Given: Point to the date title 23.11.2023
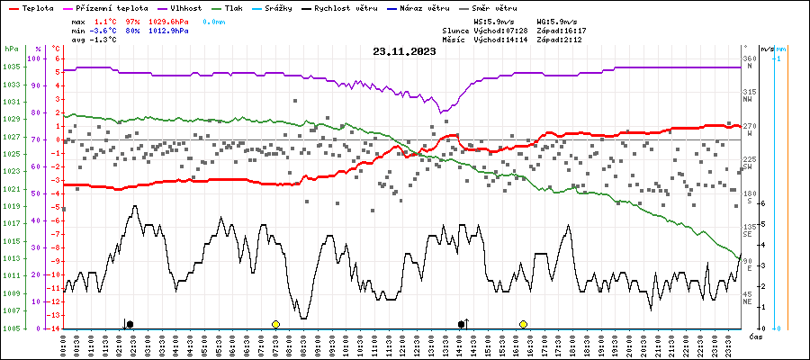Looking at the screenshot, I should tap(404, 51).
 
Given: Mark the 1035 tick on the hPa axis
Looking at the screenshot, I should tap(12, 67).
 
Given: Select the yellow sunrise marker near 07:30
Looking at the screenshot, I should tap(275, 323).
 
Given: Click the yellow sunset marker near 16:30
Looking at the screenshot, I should tap(523, 323).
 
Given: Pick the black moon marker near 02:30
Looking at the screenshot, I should tap(130, 323).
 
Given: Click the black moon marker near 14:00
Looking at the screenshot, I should tap(462, 323).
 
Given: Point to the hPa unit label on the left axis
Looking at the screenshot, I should tap(11, 49).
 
